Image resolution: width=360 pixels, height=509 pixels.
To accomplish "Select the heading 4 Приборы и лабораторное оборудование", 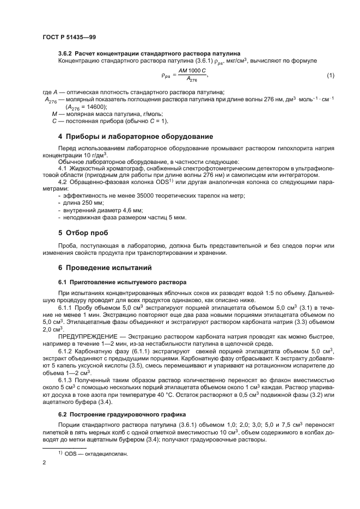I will pyautogui.click(x=136, y=136).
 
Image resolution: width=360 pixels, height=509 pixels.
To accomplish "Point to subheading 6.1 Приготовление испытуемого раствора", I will pyautogui.click(x=122, y=282).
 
